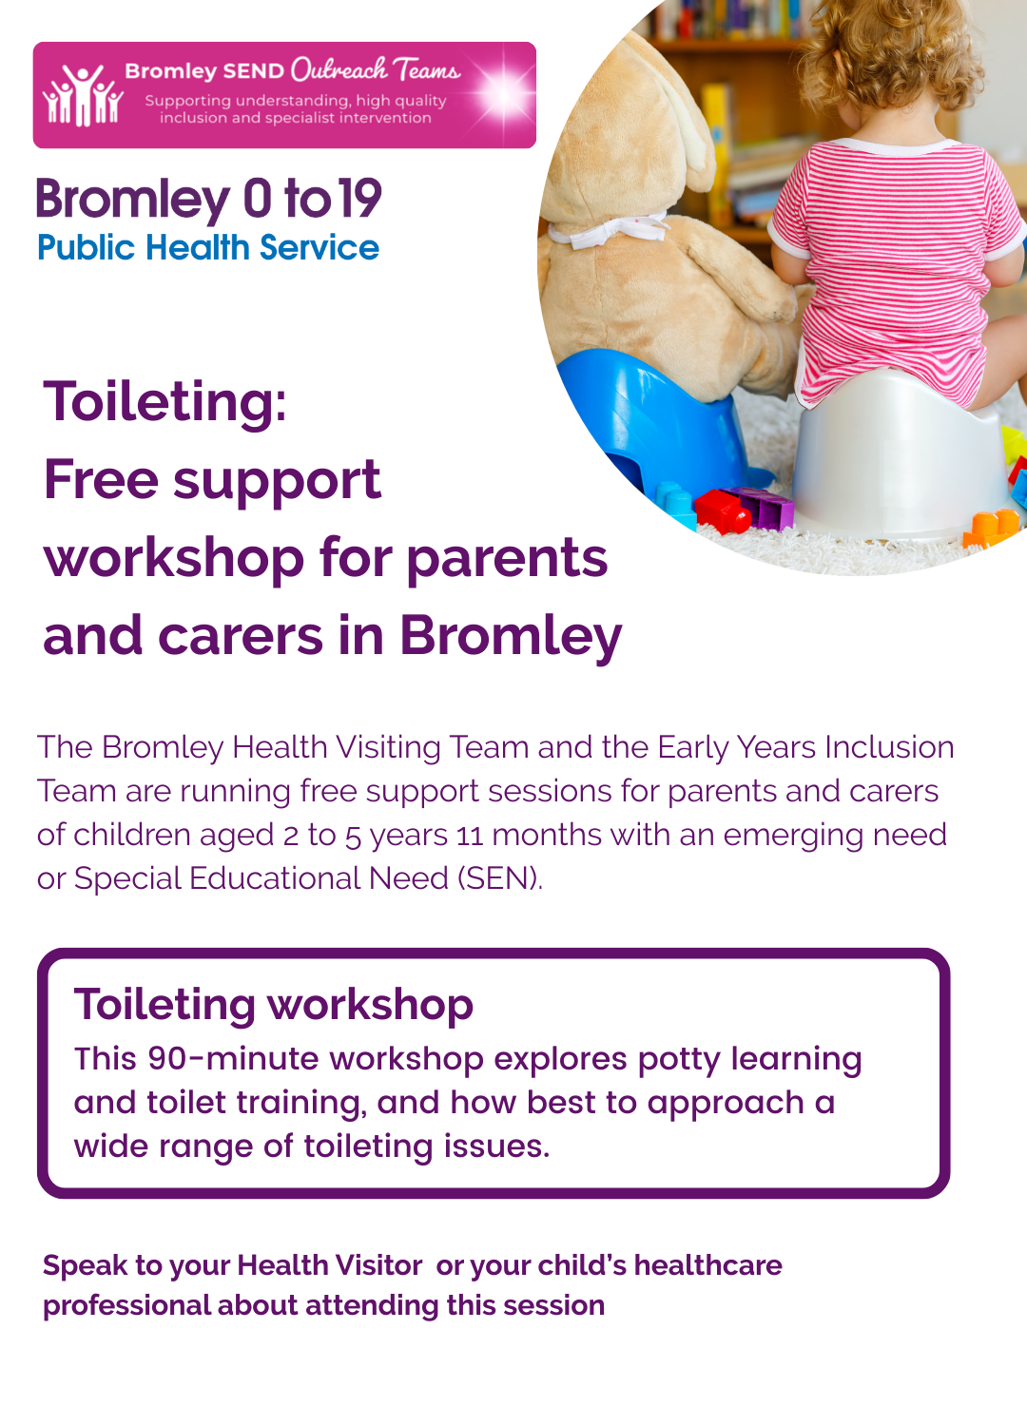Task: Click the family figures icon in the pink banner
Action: point(83,94)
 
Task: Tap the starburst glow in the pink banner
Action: point(504,94)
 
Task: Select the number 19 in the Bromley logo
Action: point(360,199)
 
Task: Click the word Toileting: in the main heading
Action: point(165,402)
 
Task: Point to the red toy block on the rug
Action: point(722,511)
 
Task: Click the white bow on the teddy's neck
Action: point(608,230)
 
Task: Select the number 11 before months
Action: point(470,836)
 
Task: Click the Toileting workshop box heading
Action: point(274,1005)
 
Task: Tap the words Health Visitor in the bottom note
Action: point(329,1265)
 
